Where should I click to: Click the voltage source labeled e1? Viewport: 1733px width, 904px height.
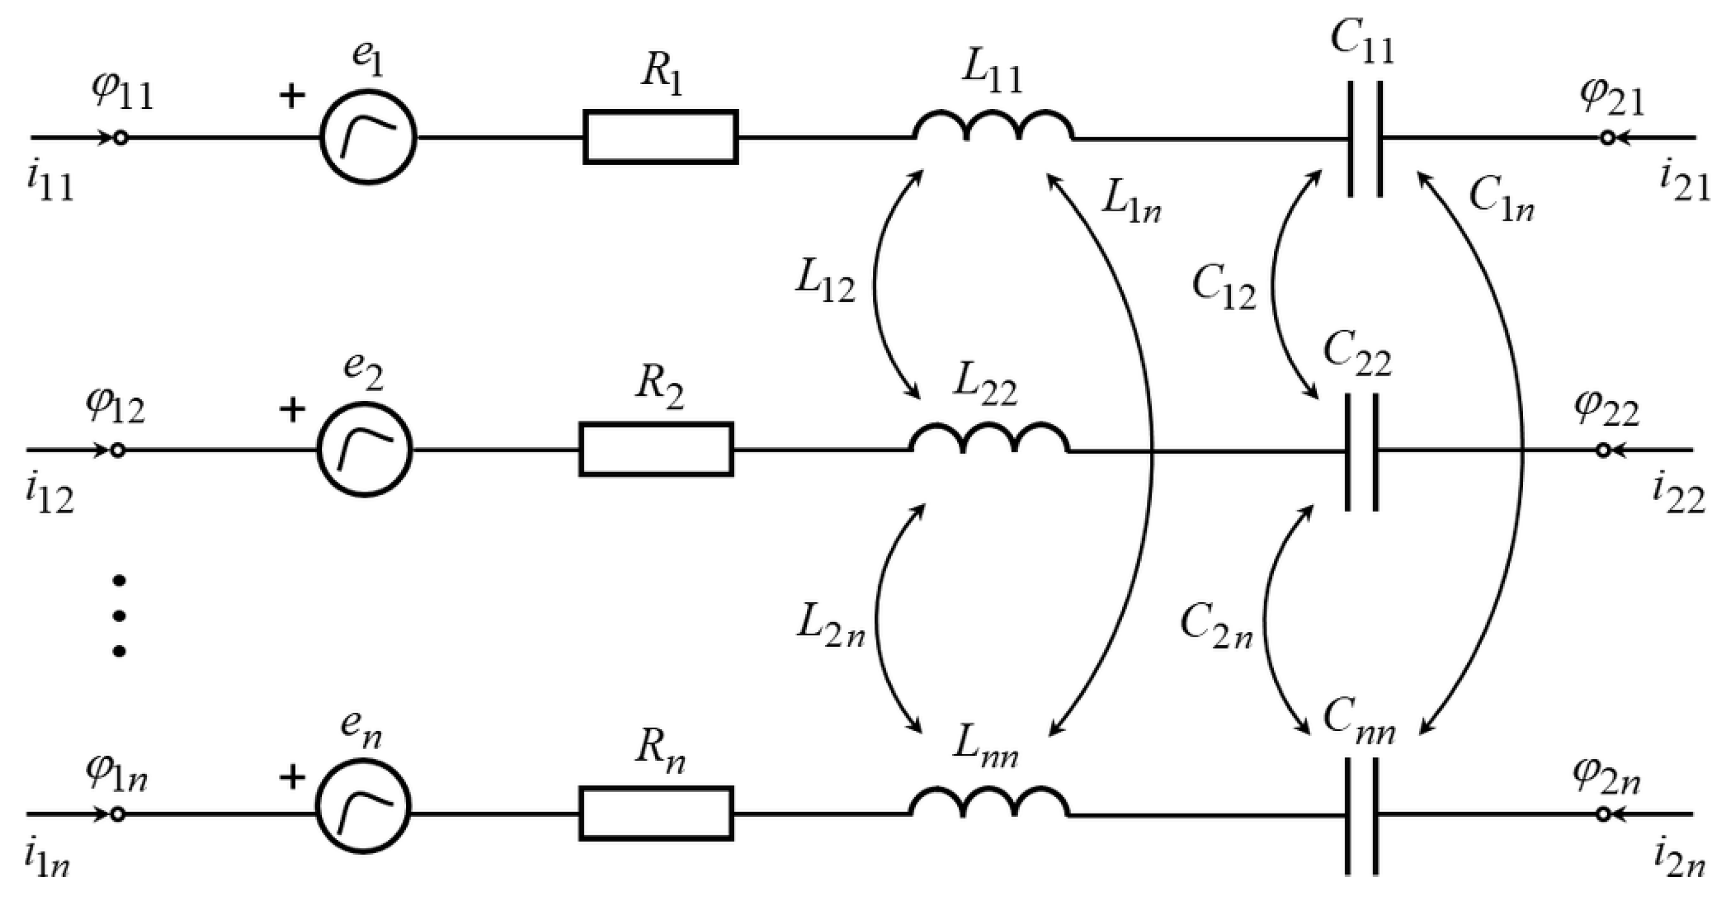pyautogui.click(x=368, y=137)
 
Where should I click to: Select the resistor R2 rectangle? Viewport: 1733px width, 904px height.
pyautogui.click(x=656, y=449)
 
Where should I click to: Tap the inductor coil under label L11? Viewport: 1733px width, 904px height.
pyautogui.click(x=993, y=128)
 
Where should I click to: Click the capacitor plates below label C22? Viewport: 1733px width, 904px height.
pyautogui.click(x=1362, y=452)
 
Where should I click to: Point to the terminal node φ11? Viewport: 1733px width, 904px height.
pyautogui.click(x=120, y=138)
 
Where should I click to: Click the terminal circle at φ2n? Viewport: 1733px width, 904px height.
pyautogui.click(x=1603, y=814)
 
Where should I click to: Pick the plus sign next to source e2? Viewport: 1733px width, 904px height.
pyautogui.click(x=292, y=409)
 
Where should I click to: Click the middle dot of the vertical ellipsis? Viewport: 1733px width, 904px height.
pyautogui.click(x=119, y=616)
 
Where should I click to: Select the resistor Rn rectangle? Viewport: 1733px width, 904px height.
pyautogui.click(x=656, y=814)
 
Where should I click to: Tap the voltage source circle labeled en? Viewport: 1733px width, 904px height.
pyautogui.click(x=364, y=806)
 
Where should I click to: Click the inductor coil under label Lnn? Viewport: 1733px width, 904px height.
pyautogui.click(x=989, y=804)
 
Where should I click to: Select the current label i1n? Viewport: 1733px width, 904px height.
pyautogui.click(x=47, y=861)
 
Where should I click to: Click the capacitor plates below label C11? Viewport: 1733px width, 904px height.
pyautogui.click(x=1366, y=139)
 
